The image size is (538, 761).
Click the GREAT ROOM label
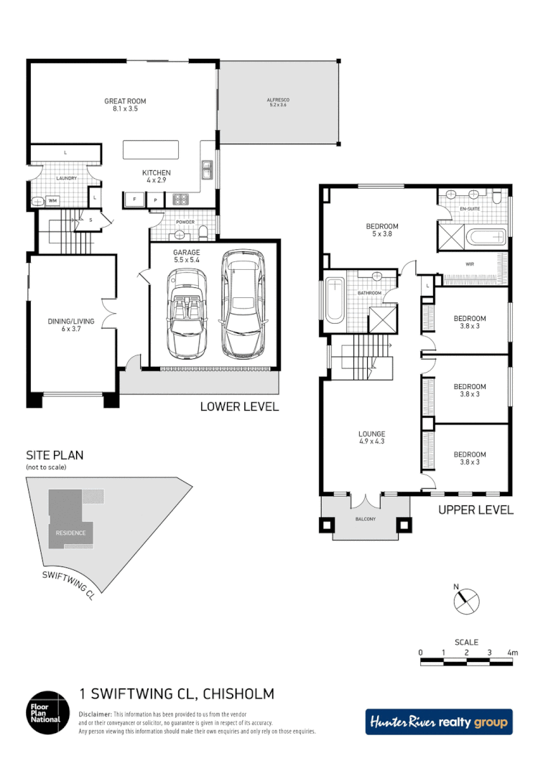(120, 101)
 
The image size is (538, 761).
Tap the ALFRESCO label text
(278, 101)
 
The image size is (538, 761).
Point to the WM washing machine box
(53, 201)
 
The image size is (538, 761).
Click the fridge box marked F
(134, 199)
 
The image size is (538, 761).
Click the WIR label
(470, 265)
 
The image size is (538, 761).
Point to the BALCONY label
(365, 519)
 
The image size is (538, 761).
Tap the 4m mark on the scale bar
(512, 653)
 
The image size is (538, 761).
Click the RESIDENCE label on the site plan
(71, 533)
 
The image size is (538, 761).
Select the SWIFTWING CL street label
(68, 583)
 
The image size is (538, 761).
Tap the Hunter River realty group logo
(439, 722)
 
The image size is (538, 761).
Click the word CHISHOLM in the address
(239, 694)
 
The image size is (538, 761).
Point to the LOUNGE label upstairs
(372, 434)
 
